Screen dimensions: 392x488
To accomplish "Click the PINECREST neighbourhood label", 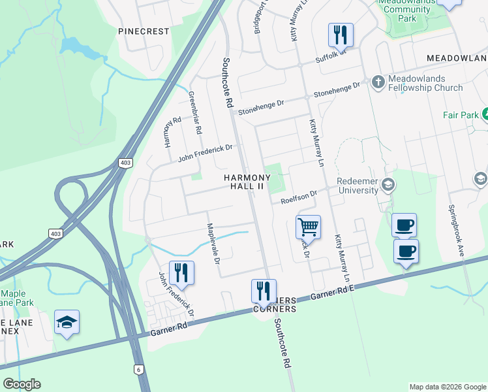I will [144, 31].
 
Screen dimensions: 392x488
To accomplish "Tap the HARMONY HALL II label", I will [247, 182].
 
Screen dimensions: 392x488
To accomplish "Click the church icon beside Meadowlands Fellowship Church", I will [378, 82].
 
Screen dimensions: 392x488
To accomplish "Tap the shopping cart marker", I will [308, 228].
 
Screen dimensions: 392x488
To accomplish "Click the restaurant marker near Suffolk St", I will [341, 35].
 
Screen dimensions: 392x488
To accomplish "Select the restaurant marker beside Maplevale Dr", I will [181, 273].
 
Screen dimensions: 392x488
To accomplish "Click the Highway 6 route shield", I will [139, 369].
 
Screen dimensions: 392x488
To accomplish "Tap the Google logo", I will [22, 384].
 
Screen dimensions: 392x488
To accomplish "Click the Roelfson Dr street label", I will [299, 196].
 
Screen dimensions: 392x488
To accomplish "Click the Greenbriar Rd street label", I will [194, 112].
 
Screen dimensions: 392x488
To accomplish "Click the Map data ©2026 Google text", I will [447, 387].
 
